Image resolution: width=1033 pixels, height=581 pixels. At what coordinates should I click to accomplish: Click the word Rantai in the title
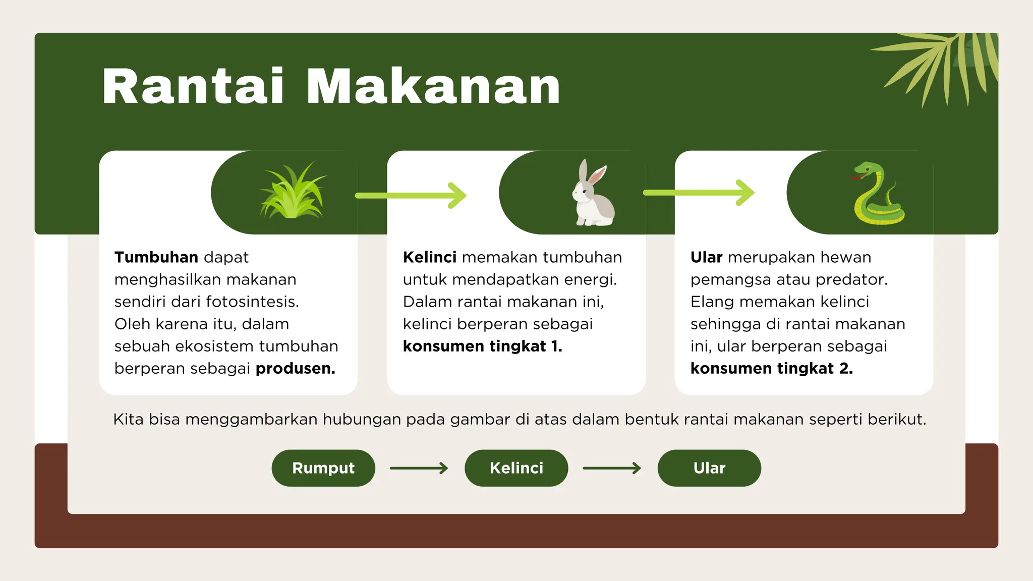coord(193,87)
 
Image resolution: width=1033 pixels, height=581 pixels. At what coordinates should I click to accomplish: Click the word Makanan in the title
coord(433,87)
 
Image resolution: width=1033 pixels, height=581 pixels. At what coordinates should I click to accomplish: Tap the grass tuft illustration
coord(292,192)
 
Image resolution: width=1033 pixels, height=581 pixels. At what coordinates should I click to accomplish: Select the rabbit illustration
coord(592,194)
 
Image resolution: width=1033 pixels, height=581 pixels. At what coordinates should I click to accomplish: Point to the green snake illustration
coord(878,194)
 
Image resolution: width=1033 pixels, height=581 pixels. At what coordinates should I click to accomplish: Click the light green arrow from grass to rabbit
coord(411,195)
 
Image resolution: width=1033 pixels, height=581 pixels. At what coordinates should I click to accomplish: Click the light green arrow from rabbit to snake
coord(699,193)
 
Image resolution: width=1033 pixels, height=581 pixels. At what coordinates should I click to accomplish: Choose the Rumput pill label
coord(323,468)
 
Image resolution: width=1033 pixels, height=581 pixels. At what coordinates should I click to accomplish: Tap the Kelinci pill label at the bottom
coord(516,468)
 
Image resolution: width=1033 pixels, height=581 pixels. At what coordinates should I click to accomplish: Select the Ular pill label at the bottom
coord(709,468)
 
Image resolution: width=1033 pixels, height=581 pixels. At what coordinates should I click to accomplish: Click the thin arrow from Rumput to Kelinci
coord(419,469)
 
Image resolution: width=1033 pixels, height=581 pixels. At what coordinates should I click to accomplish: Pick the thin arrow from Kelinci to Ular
coord(612,469)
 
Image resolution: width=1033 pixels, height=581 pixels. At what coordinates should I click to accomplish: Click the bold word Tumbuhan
coord(156,257)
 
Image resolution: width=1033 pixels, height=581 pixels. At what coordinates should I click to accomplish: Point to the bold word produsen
coord(295,369)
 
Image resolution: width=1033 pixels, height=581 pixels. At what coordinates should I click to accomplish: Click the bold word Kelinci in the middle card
coord(430,257)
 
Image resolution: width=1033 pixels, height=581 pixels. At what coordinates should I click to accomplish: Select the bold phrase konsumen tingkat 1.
coord(482,346)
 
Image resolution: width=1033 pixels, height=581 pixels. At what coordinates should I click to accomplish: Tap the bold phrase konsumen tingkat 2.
coord(771,369)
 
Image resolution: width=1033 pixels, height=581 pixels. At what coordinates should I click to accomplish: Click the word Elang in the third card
coord(712,302)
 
